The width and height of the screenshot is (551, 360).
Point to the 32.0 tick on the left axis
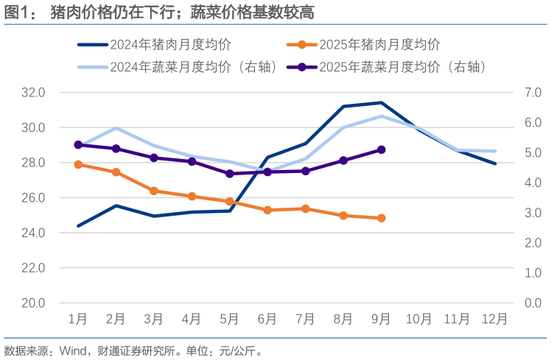pos(32,93)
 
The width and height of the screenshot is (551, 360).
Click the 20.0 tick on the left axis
pos(32,303)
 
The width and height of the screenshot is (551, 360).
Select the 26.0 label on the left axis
pos(32,198)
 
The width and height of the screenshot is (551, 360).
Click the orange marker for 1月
pos(77,164)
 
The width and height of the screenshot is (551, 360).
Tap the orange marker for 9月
pos(381,218)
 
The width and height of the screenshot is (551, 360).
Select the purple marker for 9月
pos(381,149)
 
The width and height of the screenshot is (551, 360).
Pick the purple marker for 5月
pos(229,174)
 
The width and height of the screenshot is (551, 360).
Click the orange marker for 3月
pos(153,191)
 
